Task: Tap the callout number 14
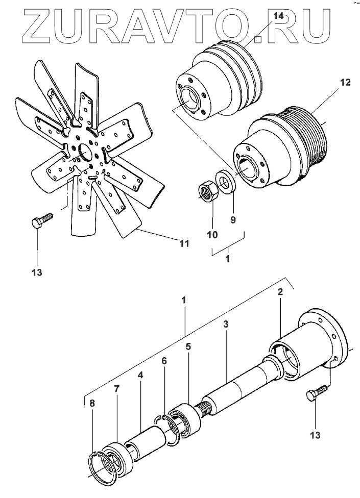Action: click(x=278, y=16)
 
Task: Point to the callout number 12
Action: click(x=345, y=82)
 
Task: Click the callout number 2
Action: click(x=279, y=292)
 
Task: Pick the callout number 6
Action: click(x=163, y=360)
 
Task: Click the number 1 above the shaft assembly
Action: click(x=184, y=300)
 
